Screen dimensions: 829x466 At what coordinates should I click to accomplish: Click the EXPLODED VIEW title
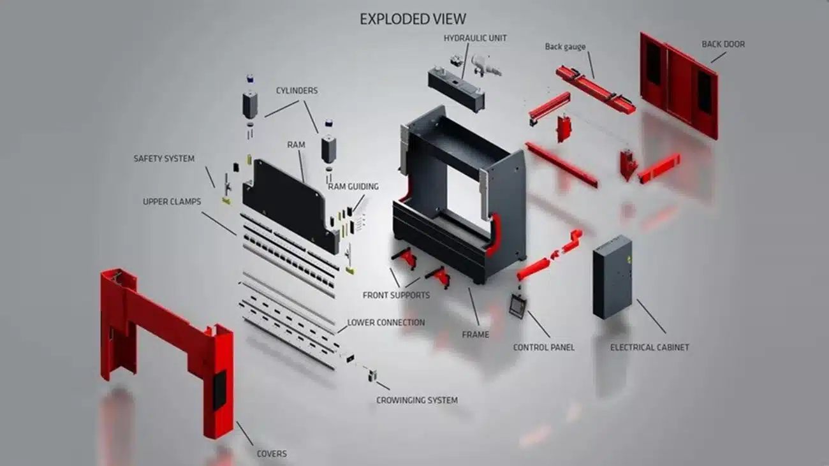point(413,19)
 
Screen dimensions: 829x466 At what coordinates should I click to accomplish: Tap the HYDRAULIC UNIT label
point(475,38)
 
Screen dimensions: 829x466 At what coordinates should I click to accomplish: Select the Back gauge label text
point(565,47)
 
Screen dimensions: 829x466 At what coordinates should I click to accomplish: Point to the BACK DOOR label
point(723,44)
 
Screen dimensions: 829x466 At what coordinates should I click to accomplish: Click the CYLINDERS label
point(297,91)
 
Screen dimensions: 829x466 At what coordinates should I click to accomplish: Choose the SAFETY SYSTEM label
point(164,159)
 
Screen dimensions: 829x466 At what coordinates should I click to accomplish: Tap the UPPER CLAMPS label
point(172,201)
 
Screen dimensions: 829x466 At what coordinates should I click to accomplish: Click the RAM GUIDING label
point(353,186)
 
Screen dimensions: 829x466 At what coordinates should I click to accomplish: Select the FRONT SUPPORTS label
point(396,295)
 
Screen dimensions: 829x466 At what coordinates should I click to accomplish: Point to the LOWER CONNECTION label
point(386,323)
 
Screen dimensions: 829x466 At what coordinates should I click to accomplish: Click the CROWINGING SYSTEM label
point(417,400)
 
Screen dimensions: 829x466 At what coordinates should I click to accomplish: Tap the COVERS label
point(272,454)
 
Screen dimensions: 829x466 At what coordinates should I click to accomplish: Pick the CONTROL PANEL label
point(544,347)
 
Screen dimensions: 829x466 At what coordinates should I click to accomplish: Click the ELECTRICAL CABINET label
point(650,347)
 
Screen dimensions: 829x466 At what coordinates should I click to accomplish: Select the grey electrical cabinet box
point(612,277)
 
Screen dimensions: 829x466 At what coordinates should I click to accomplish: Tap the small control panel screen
point(518,305)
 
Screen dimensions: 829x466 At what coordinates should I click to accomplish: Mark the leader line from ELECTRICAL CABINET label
point(651,317)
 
